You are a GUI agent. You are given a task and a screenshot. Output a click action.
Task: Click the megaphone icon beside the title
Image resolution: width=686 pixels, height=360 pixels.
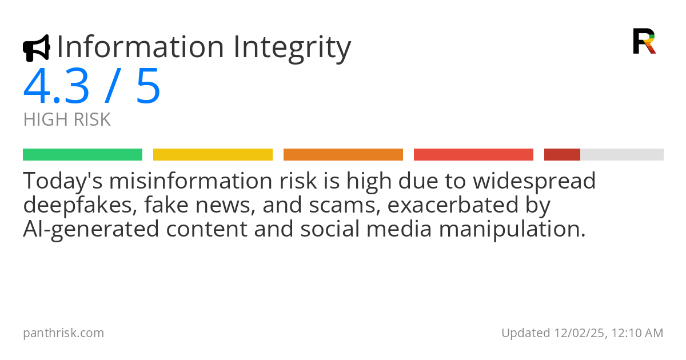click(x=36, y=48)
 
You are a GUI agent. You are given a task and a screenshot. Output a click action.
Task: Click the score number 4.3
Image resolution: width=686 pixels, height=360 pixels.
click(x=56, y=87)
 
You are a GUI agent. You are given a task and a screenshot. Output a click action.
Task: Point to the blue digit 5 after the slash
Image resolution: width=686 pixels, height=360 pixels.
click(x=148, y=87)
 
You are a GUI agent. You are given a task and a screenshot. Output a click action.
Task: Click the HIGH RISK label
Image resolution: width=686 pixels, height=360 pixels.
click(x=67, y=120)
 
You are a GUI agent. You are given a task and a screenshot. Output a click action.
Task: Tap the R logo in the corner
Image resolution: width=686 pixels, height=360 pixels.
click(x=644, y=41)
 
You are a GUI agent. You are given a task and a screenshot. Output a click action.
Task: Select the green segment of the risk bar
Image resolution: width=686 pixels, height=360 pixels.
click(x=82, y=155)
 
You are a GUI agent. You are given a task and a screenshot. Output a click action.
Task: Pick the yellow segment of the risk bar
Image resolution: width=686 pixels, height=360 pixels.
click(x=213, y=155)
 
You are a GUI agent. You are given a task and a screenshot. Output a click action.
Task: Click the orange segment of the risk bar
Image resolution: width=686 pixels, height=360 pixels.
click(x=343, y=155)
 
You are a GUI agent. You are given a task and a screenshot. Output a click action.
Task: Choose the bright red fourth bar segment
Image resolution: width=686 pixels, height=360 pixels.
click(x=473, y=155)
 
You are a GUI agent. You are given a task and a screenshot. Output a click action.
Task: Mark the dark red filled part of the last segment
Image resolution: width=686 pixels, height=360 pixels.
click(x=562, y=155)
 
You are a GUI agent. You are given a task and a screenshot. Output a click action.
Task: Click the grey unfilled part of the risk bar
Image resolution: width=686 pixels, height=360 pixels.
click(x=622, y=155)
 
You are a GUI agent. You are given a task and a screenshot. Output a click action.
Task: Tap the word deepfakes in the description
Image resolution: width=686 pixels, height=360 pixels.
click(x=79, y=205)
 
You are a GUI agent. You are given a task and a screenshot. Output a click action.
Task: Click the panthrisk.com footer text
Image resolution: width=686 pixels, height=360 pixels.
click(x=63, y=333)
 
